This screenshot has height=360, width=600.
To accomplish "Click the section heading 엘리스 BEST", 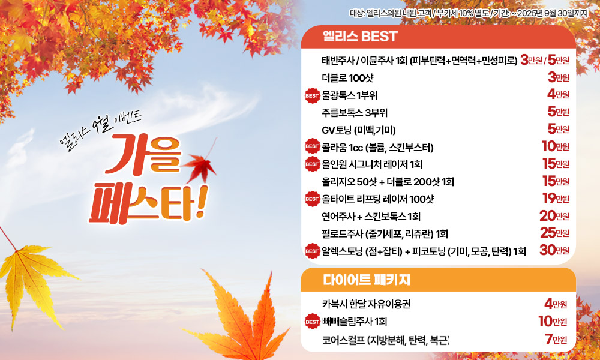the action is (x=360, y=37).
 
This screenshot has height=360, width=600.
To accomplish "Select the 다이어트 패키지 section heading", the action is (x=366, y=280).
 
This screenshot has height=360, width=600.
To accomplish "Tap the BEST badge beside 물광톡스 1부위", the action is (x=312, y=95).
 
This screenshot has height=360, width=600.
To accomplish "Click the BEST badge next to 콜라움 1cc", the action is (x=312, y=146).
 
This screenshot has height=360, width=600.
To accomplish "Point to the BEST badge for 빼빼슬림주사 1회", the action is (x=312, y=322).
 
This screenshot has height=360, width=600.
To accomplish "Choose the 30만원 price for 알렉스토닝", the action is (x=554, y=250).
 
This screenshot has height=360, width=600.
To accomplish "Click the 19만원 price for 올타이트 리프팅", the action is (x=556, y=198).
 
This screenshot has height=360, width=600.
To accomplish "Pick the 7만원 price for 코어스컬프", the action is (x=555, y=339).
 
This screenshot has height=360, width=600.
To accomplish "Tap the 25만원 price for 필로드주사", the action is (x=554, y=233).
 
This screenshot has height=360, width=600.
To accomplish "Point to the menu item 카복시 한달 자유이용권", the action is (x=366, y=305).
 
